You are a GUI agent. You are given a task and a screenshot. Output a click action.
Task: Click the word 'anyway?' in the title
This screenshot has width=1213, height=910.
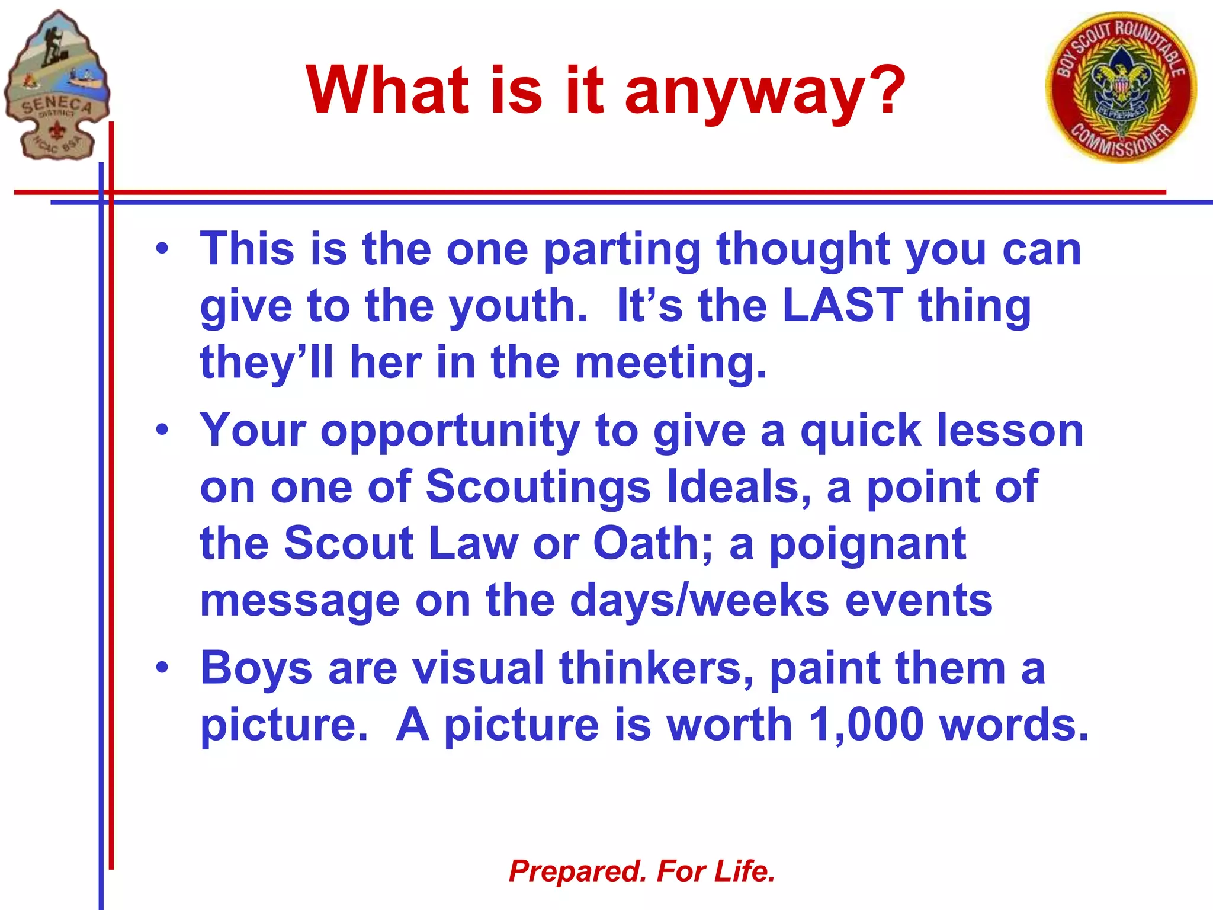[x=765, y=92]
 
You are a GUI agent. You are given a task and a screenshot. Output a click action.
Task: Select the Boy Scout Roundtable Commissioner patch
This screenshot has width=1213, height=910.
[x=1121, y=87]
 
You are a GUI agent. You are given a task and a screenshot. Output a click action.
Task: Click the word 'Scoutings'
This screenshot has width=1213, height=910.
[x=538, y=487]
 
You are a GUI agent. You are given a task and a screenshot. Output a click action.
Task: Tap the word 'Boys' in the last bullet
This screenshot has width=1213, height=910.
[x=256, y=668]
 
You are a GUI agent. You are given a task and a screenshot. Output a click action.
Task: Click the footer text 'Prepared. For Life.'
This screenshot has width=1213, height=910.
[x=642, y=871]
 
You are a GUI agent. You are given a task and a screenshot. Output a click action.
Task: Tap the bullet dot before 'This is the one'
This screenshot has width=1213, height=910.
[x=162, y=249]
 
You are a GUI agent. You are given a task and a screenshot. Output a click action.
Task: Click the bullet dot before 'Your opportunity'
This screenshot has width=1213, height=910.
[x=162, y=430]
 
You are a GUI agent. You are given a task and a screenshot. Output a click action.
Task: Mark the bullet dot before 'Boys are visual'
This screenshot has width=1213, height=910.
[x=162, y=668]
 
